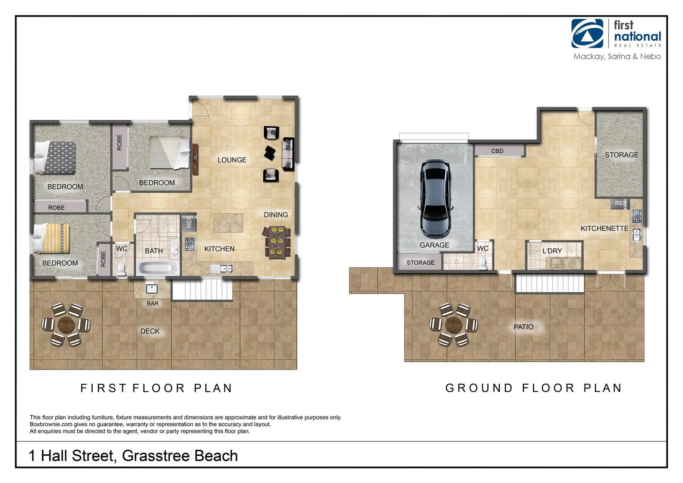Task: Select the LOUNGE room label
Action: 232,160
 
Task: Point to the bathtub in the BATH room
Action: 158,268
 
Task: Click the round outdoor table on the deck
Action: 66,324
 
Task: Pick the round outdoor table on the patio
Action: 453,325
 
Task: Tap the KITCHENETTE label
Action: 604,229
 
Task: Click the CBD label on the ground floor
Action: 497,151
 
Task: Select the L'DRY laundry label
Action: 552,251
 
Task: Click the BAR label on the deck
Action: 152,304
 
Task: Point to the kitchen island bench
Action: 228,223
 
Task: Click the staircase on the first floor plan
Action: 202,289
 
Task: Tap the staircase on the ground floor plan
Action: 549,283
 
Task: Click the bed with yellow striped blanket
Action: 51,238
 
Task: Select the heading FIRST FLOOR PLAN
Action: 156,388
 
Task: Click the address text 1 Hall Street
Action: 133,456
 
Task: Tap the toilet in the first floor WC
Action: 121,268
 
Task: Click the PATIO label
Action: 523,327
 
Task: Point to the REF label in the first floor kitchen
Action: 189,222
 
